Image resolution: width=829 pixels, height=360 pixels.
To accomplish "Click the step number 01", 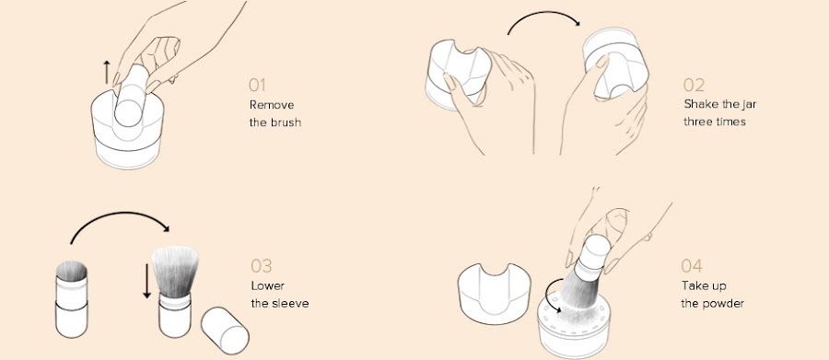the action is [257, 85].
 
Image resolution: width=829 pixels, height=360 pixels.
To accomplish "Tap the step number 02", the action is [694, 85].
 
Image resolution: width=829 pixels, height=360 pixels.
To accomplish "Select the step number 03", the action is [262, 266].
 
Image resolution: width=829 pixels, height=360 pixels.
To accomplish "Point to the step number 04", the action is [692, 266].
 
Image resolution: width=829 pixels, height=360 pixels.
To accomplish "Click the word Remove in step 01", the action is [272, 105].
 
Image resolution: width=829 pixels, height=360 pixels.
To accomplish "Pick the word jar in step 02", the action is [749, 104].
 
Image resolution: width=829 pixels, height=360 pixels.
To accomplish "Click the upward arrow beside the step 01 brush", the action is [107, 73].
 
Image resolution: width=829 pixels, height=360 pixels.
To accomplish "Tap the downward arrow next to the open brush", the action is [147, 280].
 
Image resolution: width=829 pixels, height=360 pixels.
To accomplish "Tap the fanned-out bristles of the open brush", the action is [175, 272].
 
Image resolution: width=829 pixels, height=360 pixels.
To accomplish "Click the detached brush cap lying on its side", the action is [225, 331].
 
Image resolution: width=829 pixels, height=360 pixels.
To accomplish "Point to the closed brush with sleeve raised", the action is [71, 298].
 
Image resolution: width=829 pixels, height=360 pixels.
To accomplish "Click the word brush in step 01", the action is [283, 122].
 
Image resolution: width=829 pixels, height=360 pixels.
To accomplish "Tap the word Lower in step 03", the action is [267, 286].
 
